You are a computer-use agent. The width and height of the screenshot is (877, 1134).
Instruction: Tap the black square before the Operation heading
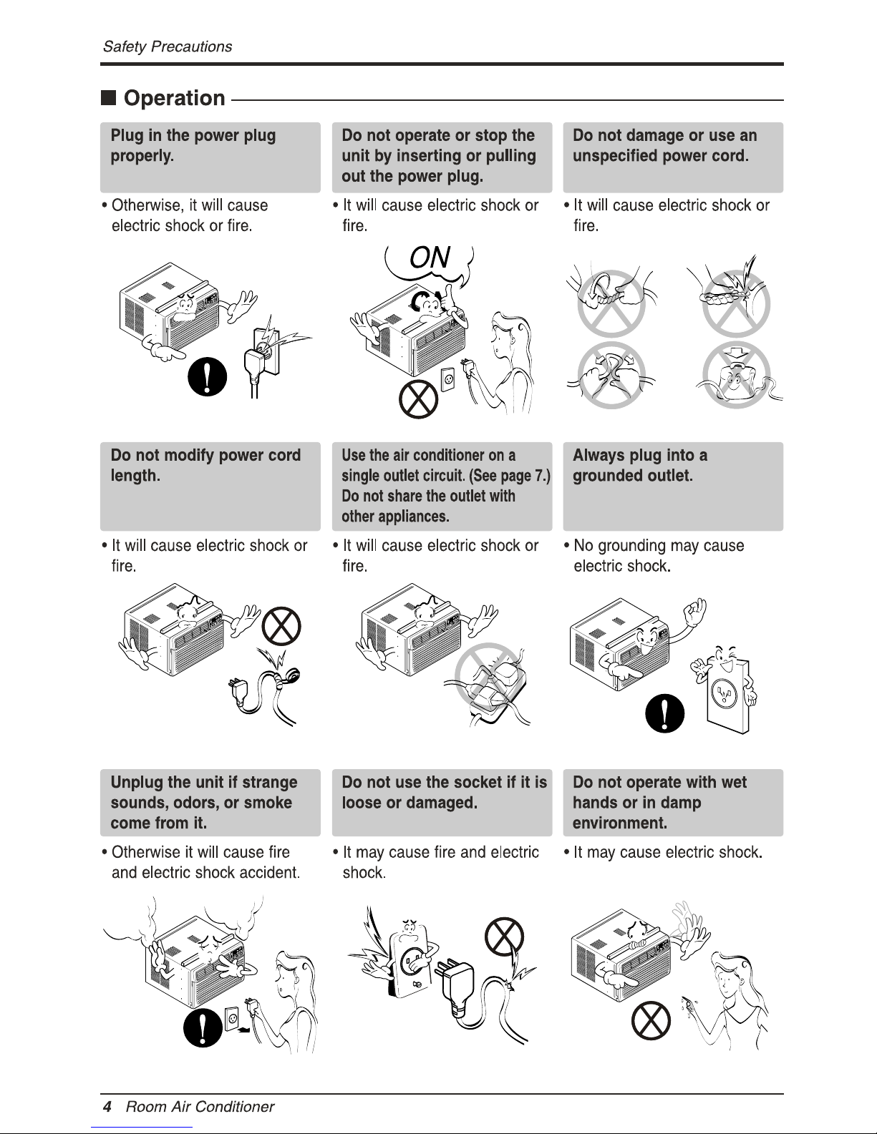(108, 97)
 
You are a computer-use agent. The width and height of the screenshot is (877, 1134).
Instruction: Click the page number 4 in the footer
(107, 1106)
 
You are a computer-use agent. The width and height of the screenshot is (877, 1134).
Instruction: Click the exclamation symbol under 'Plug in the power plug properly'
(207, 376)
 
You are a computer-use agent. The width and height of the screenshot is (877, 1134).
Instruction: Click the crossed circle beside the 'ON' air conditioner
(418, 399)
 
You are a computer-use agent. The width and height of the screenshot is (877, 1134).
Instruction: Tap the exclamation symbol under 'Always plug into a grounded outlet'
(664, 713)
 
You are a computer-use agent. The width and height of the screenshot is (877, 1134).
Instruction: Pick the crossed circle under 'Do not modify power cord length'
(281, 626)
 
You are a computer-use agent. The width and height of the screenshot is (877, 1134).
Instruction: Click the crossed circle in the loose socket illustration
(504, 937)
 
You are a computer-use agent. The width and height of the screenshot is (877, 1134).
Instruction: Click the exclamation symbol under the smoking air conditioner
(203, 1027)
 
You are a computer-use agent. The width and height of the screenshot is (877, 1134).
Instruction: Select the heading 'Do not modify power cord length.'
(205, 465)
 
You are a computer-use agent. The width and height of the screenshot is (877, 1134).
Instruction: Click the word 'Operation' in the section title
(175, 98)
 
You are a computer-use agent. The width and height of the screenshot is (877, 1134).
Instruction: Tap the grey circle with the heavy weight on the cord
(736, 375)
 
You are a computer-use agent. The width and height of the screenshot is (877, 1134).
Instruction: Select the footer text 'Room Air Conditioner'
(200, 1106)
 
